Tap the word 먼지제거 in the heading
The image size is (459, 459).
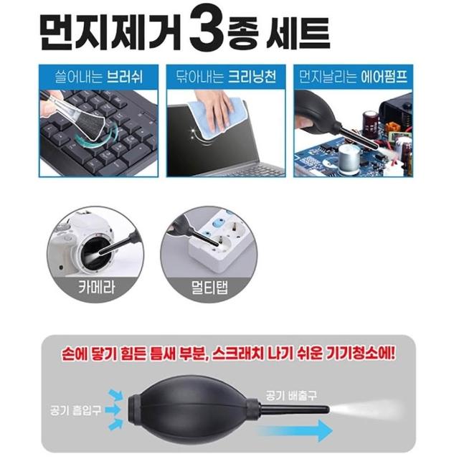pyautogui.click(x=110, y=32)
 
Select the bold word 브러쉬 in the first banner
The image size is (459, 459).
pyautogui.click(x=125, y=77)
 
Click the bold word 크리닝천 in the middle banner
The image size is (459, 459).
pyautogui.click(x=252, y=77)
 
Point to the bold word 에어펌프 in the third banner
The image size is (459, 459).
pyautogui.click(x=384, y=77)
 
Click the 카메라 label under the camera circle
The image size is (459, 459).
pyautogui.click(x=96, y=287)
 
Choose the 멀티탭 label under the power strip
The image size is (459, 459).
pyautogui.click(x=209, y=288)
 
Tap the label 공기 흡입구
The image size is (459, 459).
pyautogui.click(x=76, y=410)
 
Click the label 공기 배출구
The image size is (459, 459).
pyautogui.click(x=291, y=395)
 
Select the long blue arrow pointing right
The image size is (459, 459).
pyautogui.click(x=294, y=430)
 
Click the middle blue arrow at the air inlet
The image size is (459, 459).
pyautogui.click(x=113, y=410)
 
